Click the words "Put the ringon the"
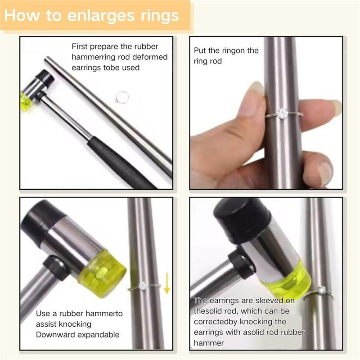226,50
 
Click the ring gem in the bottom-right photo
322,290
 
